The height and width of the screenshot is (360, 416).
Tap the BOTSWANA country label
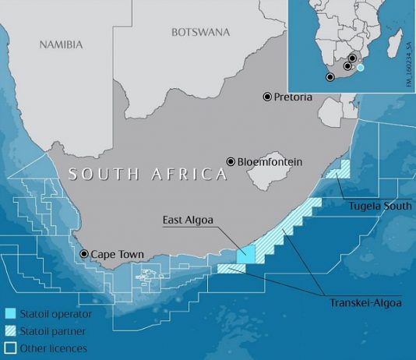(200, 32)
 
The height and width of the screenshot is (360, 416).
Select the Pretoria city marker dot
(267, 97)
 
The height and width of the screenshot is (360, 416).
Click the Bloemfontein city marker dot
(231, 161)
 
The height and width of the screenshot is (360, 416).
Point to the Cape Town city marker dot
(84, 254)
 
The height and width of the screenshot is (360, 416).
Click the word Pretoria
(293, 97)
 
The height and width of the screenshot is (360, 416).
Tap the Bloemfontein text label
(269, 162)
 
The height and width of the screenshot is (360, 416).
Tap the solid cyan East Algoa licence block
(245, 254)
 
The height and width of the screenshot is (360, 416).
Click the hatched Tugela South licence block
(339, 168)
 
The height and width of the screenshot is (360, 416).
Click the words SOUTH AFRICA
(146, 174)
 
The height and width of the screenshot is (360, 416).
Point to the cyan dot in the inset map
(360, 68)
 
